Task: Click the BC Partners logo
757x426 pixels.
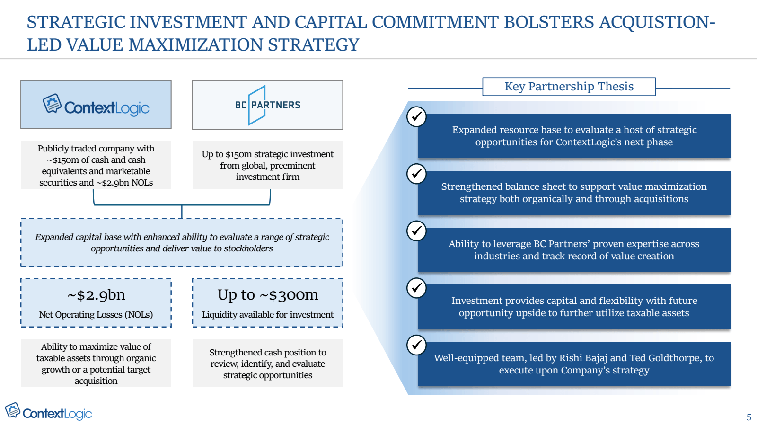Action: (x=267, y=105)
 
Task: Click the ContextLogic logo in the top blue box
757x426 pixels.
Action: (x=96, y=105)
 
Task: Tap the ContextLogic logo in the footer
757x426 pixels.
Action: (x=48, y=412)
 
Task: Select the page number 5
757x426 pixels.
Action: (x=749, y=417)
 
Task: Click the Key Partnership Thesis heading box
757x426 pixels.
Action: (x=569, y=87)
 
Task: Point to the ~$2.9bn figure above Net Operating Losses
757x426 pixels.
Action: (x=96, y=295)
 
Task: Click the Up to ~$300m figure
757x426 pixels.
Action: (x=268, y=295)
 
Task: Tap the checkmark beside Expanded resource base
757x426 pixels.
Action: (x=416, y=116)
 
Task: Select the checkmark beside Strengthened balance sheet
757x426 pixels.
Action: (x=416, y=174)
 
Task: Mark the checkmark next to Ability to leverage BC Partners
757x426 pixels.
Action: (x=416, y=231)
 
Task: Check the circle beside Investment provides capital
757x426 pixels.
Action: (x=416, y=288)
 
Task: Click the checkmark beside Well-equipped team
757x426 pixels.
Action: (x=416, y=345)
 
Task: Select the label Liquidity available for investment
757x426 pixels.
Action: (x=268, y=315)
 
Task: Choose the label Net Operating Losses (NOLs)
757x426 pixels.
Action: (x=96, y=315)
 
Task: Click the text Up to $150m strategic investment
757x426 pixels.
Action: (x=268, y=154)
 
